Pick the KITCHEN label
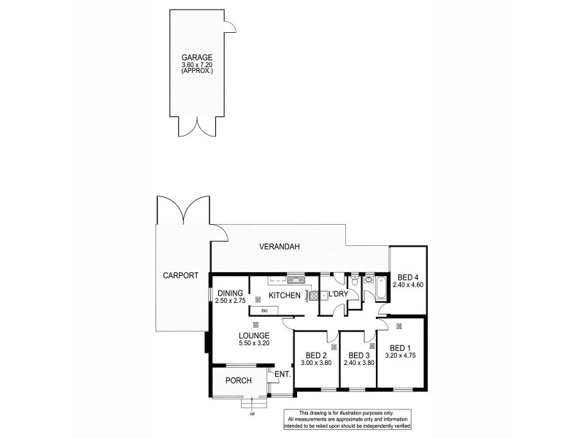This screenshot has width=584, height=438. [285, 295]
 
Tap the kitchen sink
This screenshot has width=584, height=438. [295, 279]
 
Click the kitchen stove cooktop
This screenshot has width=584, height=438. [313, 296]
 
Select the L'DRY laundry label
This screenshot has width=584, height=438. [339, 293]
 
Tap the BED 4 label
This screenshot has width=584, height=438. [407, 277]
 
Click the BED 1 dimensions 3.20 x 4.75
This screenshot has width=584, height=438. [401, 356]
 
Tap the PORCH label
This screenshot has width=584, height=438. [238, 380]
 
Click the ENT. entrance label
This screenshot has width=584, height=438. [283, 374]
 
